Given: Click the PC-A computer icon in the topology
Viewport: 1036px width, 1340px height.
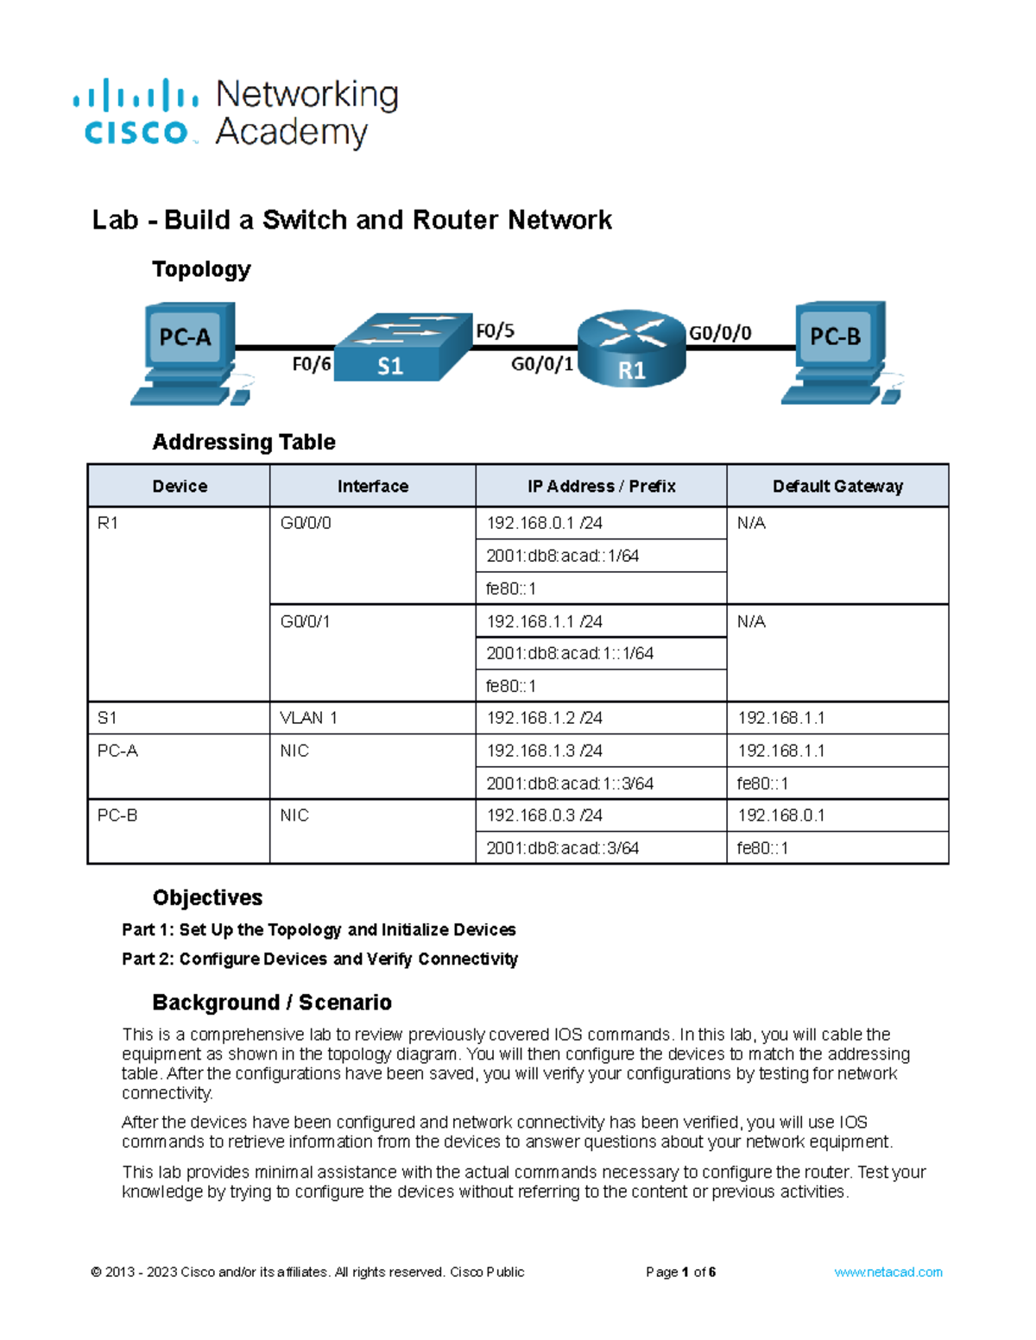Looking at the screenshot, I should pos(187,352).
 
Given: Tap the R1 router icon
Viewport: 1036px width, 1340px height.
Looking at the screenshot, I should pos(631,348).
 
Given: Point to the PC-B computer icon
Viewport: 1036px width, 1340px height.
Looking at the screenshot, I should pos(838,351).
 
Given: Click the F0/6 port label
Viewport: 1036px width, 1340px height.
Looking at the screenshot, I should pos(311,364).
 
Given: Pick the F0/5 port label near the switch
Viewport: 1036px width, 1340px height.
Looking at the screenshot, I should pos(495,330).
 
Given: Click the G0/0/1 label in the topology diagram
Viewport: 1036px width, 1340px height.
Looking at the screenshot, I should pos(542,364).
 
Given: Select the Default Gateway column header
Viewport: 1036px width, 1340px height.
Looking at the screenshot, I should pos(837,486).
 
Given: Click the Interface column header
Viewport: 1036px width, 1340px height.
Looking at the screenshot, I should pos(373,486).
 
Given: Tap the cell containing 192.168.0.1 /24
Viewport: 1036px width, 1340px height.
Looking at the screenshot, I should pos(544,523).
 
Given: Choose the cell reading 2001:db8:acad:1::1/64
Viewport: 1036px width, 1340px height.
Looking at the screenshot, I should pos(570,653).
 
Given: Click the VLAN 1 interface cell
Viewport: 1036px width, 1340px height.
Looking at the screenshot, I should pos(308,718).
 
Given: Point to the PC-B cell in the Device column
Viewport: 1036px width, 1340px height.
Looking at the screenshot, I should pos(117,815).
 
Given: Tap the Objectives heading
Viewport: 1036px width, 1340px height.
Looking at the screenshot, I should pos(207,897).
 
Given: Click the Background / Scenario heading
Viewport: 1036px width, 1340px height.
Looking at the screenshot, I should pos(272,1002).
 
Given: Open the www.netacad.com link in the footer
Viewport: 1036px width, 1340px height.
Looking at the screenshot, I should pos(888,1272).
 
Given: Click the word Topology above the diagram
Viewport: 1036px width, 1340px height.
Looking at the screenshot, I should pos(201,269).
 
